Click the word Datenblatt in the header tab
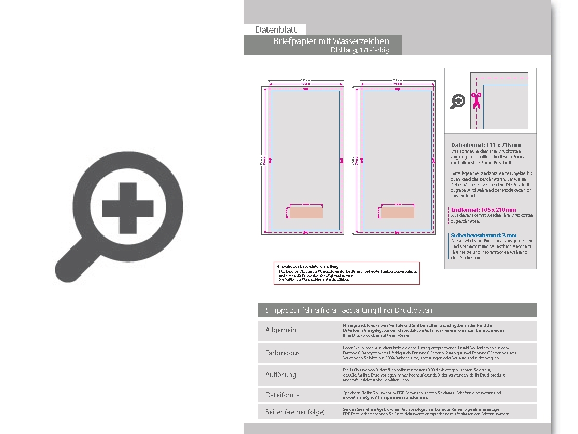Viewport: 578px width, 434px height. (x=276, y=30)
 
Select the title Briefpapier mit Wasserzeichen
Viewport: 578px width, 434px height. (x=331, y=41)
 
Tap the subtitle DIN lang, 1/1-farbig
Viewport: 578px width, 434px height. (x=360, y=50)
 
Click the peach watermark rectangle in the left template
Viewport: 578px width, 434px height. (x=306, y=212)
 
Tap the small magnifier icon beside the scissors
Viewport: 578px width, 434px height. (x=457, y=102)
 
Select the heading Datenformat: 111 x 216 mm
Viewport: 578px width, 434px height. (x=486, y=145)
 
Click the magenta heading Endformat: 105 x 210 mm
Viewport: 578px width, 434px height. (x=483, y=210)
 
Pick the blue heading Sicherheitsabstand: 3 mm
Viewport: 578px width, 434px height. (x=483, y=235)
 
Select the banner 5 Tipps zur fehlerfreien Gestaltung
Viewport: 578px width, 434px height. (x=349, y=310)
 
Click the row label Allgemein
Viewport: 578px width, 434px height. (x=281, y=330)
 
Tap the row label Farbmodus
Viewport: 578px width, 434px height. (x=283, y=353)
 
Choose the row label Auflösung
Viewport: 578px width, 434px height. (x=281, y=374)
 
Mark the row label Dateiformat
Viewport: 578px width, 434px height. (x=284, y=395)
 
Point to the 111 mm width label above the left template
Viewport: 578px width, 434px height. (x=305, y=80)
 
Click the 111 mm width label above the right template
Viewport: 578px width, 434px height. (x=397, y=80)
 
